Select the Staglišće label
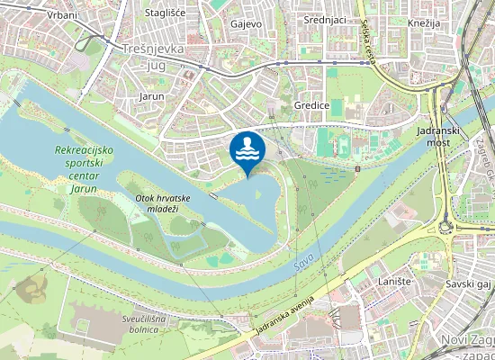tap(166, 13)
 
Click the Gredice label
tap(310, 105)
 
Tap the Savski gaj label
tap(466, 283)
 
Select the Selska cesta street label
tap(369, 46)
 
